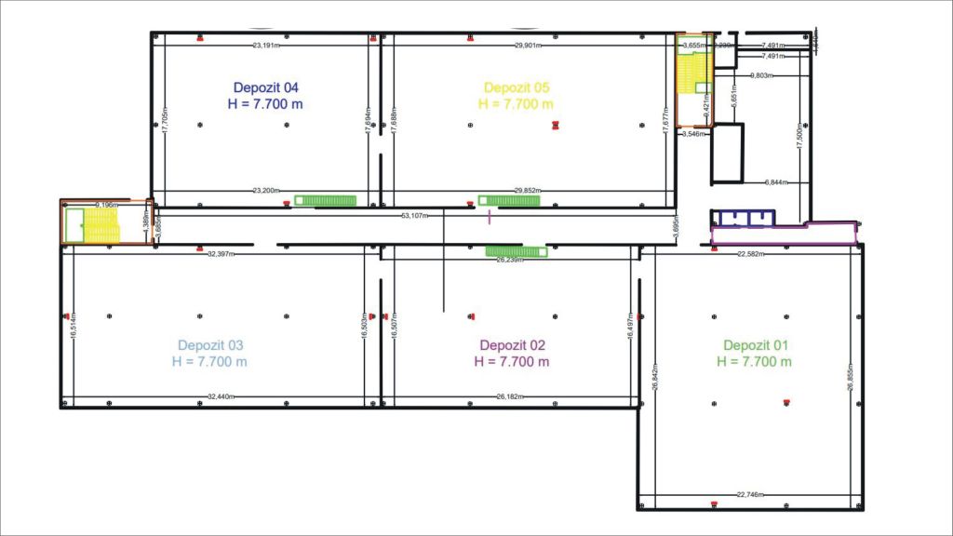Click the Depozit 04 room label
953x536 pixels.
tap(265, 88)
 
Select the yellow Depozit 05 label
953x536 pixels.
tap(515, 88)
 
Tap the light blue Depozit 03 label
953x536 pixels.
tap(209, 344)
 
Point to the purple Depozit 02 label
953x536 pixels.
tap(511, 344)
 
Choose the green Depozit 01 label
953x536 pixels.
tap(755, 344)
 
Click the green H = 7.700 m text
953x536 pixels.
tap(755, 361)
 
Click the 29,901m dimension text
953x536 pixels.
tap(530, 45)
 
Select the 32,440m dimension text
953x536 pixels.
tap(221, 396)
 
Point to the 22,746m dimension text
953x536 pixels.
tap(750, 494)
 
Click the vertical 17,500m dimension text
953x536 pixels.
tap(799, 136)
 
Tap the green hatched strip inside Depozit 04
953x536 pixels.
tap(327, 199)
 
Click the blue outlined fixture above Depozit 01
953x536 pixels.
tap(743, 218)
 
